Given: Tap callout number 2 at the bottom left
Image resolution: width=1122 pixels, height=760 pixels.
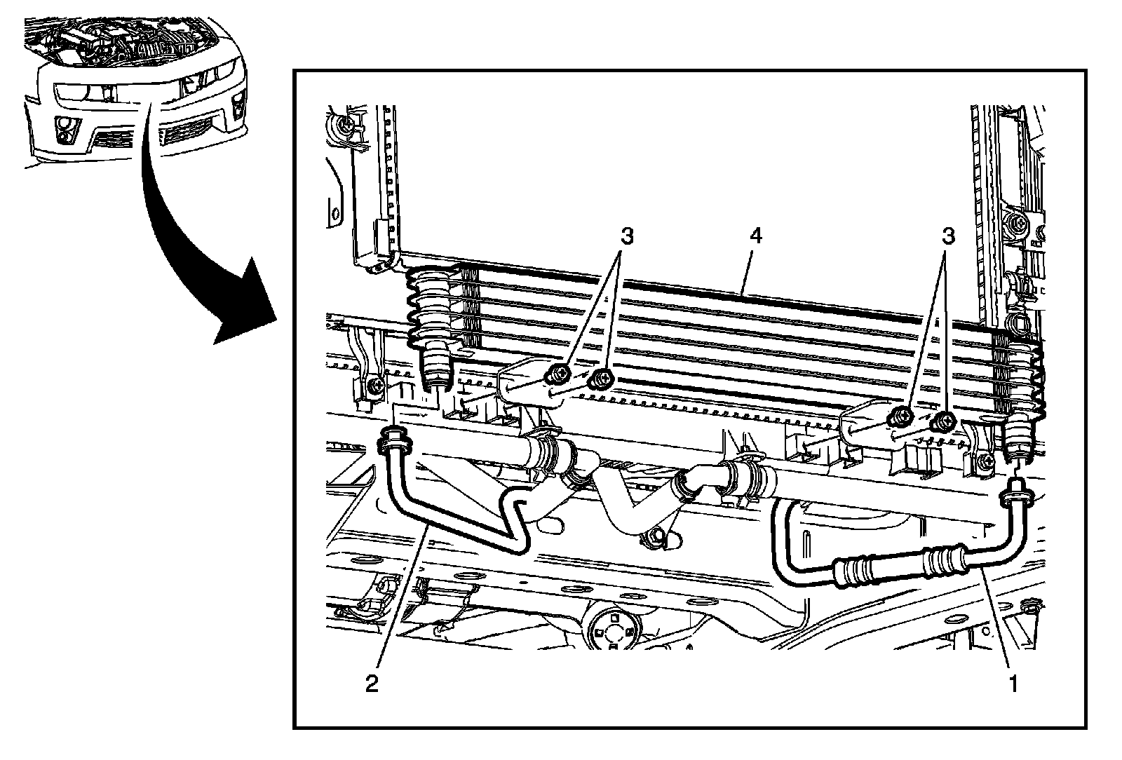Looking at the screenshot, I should click(372, 683).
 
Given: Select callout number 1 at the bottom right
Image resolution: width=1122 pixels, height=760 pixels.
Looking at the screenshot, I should click(1013, 683).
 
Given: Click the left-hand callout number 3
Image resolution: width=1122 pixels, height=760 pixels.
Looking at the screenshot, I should click(626, 237).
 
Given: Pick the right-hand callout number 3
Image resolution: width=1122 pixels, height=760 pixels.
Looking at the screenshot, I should click(948, 237).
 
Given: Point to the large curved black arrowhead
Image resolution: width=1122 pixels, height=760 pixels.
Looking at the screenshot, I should click(242, 308).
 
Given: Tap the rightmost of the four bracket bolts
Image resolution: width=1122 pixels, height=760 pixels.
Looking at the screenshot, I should click(944, 421).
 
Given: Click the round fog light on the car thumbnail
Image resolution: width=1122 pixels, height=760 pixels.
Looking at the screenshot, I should click(67, 125).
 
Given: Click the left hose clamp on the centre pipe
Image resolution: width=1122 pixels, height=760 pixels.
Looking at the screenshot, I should click(546, 455).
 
